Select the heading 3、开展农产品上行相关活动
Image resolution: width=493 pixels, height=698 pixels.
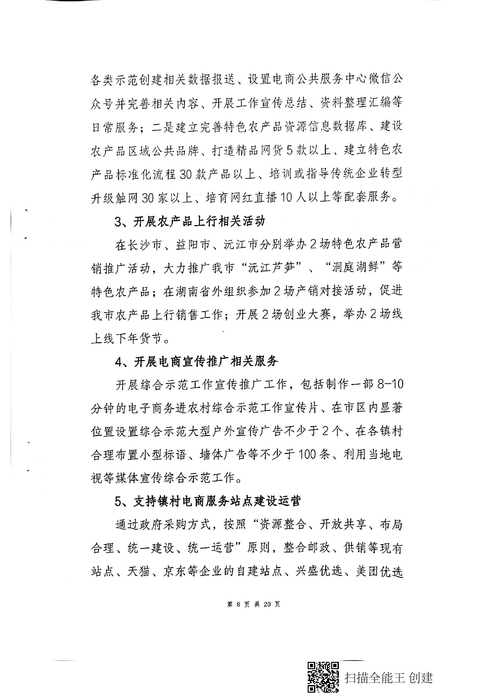pyautogui.click(x=190, y=221)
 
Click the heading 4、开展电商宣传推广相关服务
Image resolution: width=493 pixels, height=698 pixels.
pyautogui.click(x=196, y=361)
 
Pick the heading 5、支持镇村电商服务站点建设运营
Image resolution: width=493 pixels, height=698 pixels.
pyautogui.click(x=208, y=501)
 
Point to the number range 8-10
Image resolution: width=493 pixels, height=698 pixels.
pyautogui.click(x=390, y=385)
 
